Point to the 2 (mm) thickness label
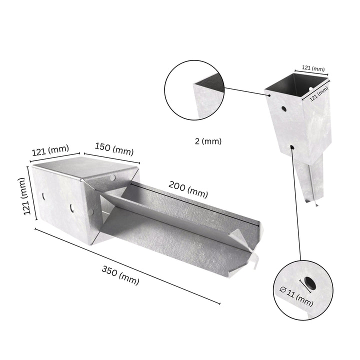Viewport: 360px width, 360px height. [208, 141]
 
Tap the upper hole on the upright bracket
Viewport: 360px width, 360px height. [283, 108]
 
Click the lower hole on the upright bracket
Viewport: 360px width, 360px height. [291, 147]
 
